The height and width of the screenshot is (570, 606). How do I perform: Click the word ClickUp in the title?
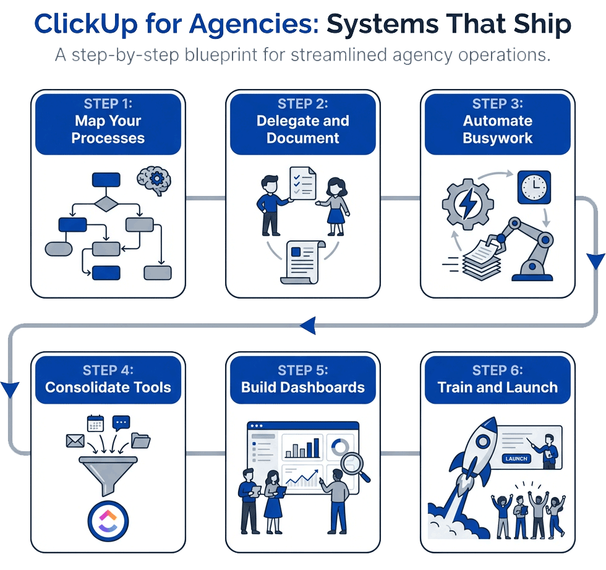(x=86, y=24)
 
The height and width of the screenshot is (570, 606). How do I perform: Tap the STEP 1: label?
(x=108, y=104)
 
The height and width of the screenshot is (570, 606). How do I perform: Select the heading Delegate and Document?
(x=303, y=129)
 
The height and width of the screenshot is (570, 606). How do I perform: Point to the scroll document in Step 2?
(x=303, y=261)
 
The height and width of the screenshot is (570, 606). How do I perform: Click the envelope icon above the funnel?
(x=75, y=440)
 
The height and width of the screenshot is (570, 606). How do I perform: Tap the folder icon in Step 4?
(x=141, y=440)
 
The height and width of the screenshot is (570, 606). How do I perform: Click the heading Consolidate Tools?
(x=108, y=388)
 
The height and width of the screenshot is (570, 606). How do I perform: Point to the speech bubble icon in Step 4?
(x=121, y=423)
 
